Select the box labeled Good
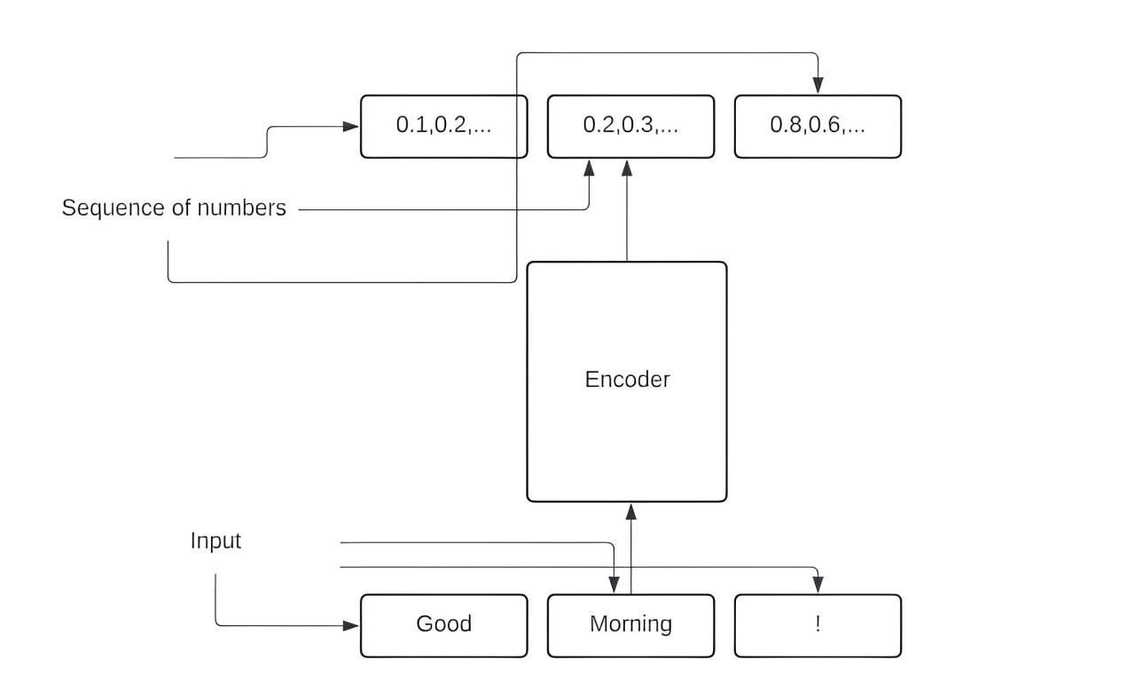[x=443, y=625]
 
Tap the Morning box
[x=630, y=625]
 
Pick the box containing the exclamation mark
[x=818, y=625]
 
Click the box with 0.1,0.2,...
[x=443, y=126]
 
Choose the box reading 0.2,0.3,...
[x=630, y=126]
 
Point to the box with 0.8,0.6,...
[x=818, y=126]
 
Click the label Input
[x=215, y=541]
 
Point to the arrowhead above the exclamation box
[x=818, y=585]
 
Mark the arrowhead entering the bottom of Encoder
[x=630, y=511]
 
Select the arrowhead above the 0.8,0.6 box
[x=818, y=86]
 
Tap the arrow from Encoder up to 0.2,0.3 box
[x=627, y=213]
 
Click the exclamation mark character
[x=818, y=624]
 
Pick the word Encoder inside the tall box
[x=627, y=380]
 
